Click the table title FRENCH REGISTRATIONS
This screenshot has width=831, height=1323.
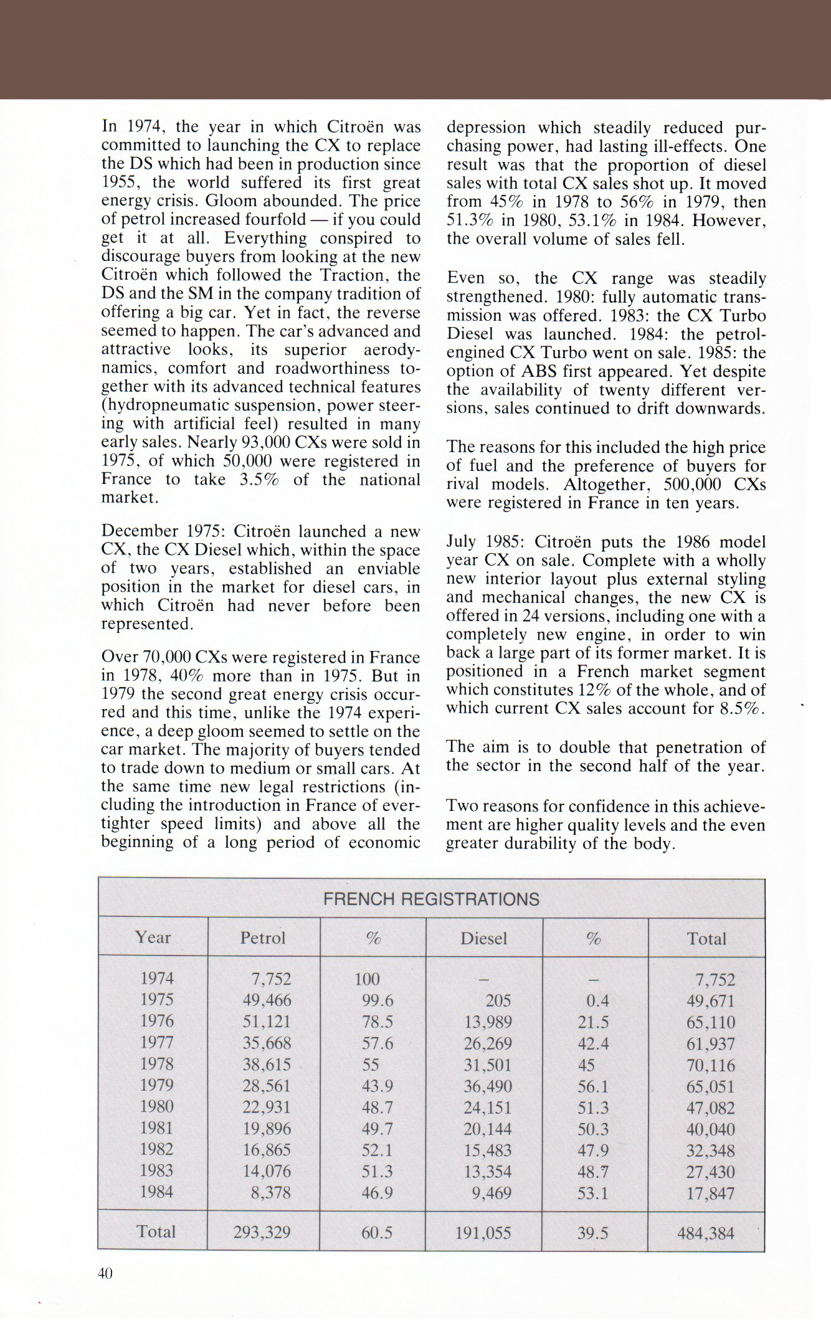tap(431, 899)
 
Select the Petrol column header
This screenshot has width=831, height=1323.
tap(263, 937)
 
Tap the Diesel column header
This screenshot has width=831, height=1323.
tap(483, 938)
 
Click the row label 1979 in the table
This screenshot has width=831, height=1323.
tap(156, 1085)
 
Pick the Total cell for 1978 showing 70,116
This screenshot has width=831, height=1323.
tap(710, 1065)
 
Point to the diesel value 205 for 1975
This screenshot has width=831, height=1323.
tap(498, 1000)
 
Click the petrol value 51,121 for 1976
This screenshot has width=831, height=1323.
tap(267, 1022)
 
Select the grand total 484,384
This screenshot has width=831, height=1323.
tap(705, 1233)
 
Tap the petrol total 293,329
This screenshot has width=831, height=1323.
tap(262, 1232)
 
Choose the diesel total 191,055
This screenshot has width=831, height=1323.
tap(483, 1232)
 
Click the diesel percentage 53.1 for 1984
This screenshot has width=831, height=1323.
tap(592, 1193)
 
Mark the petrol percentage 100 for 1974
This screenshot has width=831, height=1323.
tap(367, 979)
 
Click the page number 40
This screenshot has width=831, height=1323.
tap(105, 1273)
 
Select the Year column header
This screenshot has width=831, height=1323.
tap(153, 937)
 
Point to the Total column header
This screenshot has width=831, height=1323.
tap(706, 939)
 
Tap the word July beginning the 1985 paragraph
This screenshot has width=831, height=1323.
tap(461, 541)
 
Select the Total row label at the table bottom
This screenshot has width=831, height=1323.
tap(156, 1231)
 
